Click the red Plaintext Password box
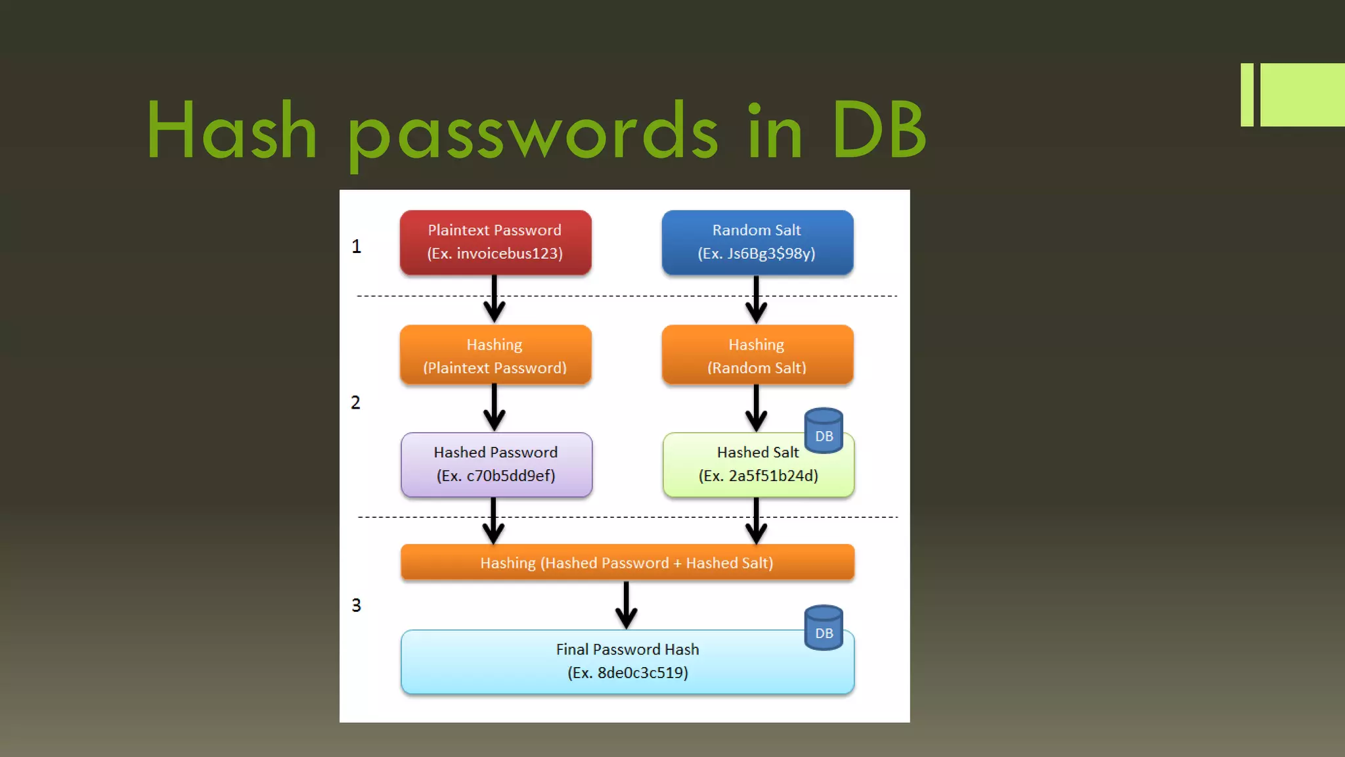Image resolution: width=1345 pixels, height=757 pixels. (495, 242)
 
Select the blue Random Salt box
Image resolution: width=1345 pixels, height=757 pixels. (757, 242)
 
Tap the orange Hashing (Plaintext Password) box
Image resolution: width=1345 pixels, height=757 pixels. (495, 356)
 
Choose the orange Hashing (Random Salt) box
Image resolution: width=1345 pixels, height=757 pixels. (757, 356)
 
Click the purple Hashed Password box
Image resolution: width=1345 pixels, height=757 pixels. (496, 465)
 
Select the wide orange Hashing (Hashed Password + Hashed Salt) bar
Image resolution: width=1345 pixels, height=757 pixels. (627, 562)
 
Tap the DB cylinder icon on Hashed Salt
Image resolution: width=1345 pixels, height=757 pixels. (824, 431)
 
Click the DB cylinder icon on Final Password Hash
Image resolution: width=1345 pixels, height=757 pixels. (824, 628)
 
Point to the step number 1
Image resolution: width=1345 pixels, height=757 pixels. (356, 246)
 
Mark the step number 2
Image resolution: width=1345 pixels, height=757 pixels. (355, 402)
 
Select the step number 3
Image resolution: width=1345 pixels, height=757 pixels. (356, 605)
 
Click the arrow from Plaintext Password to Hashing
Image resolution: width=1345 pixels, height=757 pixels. (494, 299)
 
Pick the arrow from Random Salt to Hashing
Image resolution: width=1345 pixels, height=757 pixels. (756, 299)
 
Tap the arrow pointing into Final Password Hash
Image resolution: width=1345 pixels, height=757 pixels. (626, 605)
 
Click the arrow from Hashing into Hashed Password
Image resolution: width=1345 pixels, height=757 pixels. (494, 408)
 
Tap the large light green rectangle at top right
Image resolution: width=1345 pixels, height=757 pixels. (1302, 95)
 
